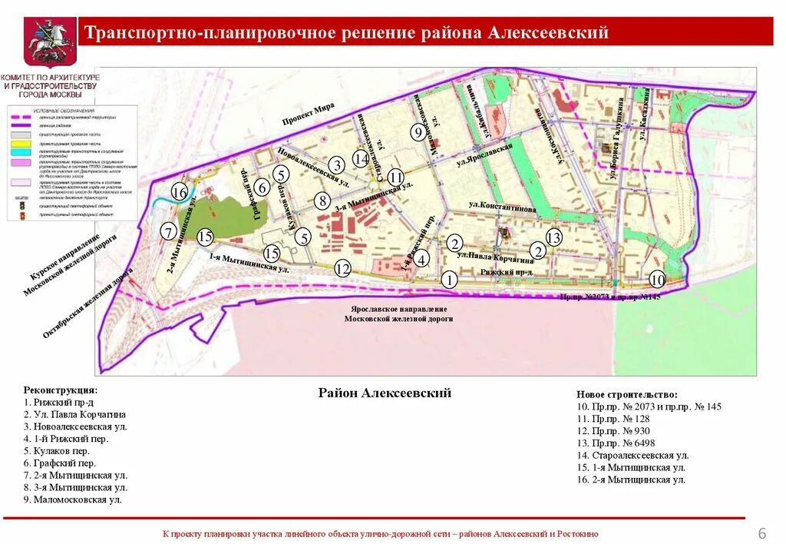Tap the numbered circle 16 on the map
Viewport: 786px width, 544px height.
tap(180, 192)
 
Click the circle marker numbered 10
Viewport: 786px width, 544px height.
tap(657, 279)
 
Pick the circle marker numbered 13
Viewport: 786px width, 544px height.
tap(553, 237)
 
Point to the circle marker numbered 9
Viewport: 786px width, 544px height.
tap(418, 132)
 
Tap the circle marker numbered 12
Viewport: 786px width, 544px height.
tap(342, 269)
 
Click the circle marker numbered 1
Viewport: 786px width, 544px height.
tap(449, 279)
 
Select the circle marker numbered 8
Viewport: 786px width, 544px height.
tap(323, 201)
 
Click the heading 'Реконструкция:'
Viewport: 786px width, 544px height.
tap(61, 390)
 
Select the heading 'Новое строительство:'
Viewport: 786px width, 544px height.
tap(627, 393)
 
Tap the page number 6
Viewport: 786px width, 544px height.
tap(762, 533)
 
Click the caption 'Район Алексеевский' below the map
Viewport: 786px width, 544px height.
tap(385, 393)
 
